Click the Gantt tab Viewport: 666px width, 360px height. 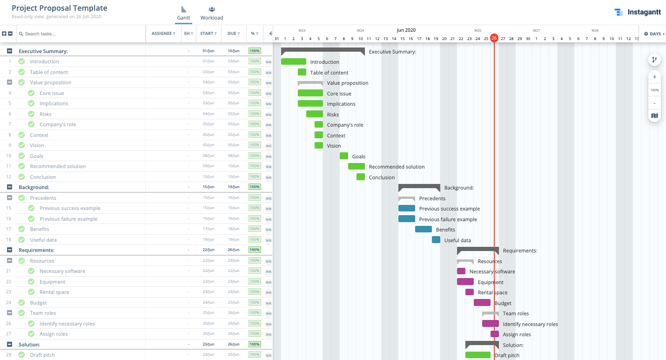[x=183, y=14]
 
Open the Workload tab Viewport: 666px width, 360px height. [x=212, y=14]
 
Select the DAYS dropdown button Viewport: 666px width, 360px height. [x=654, y=34]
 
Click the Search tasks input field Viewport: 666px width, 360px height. [x=81, y=34]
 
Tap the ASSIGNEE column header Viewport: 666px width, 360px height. [x=163, y=34]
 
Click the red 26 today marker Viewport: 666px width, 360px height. [x=494, y=38]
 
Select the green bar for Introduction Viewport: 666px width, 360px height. [x=293, y=61]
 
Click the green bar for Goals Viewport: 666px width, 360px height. [x=344, y=156]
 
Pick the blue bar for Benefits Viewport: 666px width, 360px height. [x=423, y=229]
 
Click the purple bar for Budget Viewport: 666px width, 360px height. [x=482, y=303]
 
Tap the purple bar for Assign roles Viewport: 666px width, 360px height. [x=494, y=334]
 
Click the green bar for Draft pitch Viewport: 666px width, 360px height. [x=478, y=355]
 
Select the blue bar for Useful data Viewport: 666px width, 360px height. [x=436, y=240]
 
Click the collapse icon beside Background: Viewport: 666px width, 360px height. [x=9, y=187]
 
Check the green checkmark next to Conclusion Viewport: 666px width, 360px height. [x=21, y=177]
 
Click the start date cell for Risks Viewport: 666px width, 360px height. [x=208, y=114]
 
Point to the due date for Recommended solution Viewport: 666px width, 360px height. [x=233, y=166]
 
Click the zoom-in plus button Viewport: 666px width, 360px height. [x=654, y=77]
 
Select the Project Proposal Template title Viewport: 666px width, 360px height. [x=60, y=8]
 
